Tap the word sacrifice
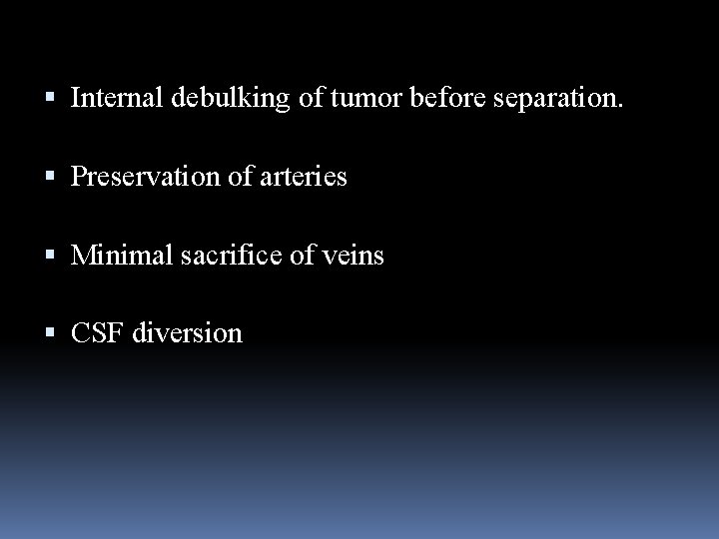219,256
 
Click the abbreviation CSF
97,333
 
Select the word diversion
188,333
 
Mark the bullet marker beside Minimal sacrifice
53,257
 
